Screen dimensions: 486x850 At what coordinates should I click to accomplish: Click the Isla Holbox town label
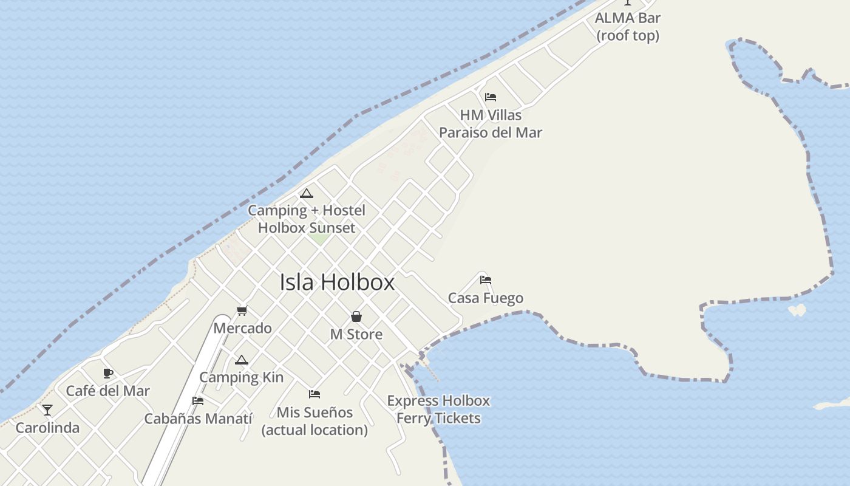click(337, 282)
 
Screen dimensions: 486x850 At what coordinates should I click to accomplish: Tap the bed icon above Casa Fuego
click(486, 280)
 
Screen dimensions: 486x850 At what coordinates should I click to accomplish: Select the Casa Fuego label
click(485, 298)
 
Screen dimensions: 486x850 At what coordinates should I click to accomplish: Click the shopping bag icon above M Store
click(356, 317)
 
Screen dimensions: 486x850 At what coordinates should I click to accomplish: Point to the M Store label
click(356, 334)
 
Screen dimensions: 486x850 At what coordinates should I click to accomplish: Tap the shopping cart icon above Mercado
click(242, 311)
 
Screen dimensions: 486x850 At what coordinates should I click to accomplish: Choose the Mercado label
click(242, 328)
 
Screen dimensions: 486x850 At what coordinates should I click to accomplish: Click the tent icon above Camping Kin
click(242, 360)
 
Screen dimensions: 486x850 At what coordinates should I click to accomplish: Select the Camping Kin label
click(241, 377)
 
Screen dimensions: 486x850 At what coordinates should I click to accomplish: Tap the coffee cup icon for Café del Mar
click(108, 373)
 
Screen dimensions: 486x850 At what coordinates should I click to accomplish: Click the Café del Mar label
click(107, 391)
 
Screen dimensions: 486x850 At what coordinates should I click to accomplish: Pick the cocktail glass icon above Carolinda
click(47, 410)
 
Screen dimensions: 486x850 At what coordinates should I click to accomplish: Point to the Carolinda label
click(47, 428)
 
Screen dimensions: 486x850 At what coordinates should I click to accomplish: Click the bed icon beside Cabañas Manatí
click(198, 401)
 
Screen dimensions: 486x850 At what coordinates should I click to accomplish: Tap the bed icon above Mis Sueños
click(314, 394)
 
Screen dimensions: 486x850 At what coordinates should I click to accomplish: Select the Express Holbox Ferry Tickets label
click(438, 409)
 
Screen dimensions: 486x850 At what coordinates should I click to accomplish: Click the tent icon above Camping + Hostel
click(307, 194)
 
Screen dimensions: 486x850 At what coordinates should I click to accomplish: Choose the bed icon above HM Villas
click(491, 97)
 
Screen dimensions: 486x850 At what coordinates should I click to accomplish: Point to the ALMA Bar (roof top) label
click(627, 27)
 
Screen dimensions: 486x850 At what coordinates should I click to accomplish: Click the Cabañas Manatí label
click(198, 419)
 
